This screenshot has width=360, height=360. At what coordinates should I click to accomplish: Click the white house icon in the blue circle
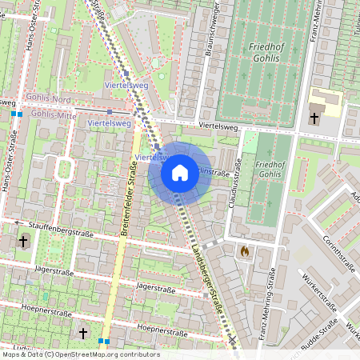(180, 173)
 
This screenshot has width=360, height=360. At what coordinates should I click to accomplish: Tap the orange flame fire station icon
(244, 251)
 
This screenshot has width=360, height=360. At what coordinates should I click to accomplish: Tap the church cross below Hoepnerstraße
(82, 333)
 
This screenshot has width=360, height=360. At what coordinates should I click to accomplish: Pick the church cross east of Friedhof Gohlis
(314, 118)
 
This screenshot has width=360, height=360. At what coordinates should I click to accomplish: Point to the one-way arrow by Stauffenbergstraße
(16, 222)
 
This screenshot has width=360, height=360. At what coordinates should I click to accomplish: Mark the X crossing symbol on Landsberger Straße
(233, 341)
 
